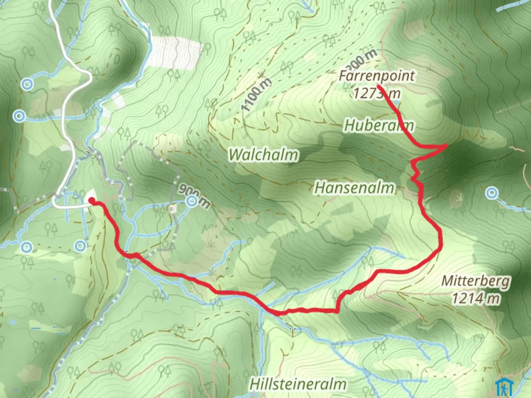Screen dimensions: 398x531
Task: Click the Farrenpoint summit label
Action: click(x=376, y=76)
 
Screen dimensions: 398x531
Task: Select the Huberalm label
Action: click(x=378, y=126)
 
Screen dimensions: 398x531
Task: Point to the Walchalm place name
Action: click(x=263, y=154)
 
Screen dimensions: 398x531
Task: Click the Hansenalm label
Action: click(x=354, y=188)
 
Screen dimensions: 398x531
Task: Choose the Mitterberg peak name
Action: click(x=476, y=281)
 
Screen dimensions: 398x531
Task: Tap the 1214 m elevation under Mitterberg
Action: click(x=476, y=298)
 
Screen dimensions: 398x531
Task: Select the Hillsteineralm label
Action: click(x=298, y=384)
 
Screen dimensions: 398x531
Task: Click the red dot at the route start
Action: click(x=91, y=200)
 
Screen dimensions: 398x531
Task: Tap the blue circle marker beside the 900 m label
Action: click(x=191, y=201)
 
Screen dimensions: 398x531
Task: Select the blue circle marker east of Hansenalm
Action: click(x=491, y=193)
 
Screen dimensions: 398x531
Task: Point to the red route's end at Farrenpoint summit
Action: click(x=379, y=87)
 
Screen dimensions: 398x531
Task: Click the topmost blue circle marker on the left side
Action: click(x=27, y=84)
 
